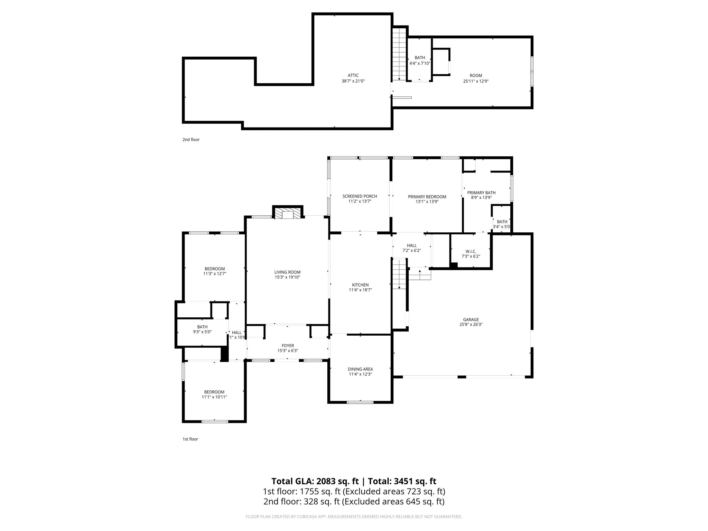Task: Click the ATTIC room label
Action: pos(353,75)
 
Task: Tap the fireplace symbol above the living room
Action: pos(288,213)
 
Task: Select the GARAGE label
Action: pos(471,319)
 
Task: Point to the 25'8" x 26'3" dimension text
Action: pos(471,325)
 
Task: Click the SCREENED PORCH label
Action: pos(360,196)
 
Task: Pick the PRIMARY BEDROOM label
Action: pos(427,197)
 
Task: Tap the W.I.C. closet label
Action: pos(471,251)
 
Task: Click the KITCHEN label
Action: pos(360,285)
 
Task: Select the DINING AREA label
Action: pos(360,369)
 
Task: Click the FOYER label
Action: pos(288,345)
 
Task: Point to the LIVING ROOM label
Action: pos(287,272)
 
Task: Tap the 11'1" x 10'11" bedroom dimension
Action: pos(214,397)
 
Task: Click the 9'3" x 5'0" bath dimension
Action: pos(202,332)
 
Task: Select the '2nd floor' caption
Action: pos(191,140)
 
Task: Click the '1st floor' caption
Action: pos(190,439)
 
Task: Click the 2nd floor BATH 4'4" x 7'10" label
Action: pos(420,60)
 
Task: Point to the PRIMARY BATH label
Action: pos(481,193)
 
